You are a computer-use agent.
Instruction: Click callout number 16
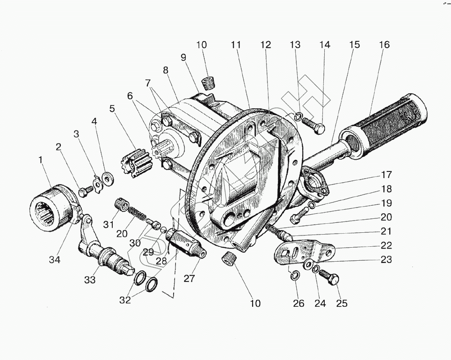point(384,45)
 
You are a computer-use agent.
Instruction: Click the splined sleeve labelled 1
point(50,208)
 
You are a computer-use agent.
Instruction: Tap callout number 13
point(295,45)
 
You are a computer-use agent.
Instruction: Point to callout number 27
point(189,278)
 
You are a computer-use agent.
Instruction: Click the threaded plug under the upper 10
point(208,84)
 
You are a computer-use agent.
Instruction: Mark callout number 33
point(90,280)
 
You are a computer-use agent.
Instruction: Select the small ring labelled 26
point(292,275)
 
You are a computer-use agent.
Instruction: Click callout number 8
point(166,70)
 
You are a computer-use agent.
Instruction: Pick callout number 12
point(266,45)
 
